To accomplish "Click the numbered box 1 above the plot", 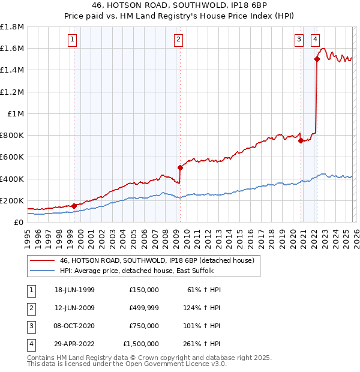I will coord(72,40).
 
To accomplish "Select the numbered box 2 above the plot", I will coord(179,40).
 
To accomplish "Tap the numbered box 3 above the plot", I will coord(299,40).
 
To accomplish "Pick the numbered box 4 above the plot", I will coord(315,40).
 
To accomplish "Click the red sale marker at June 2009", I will coord(179,167).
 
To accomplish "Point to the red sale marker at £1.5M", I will coord(316,59).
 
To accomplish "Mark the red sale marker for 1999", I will coord(74,206).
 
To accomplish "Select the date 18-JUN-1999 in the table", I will coord(74,290).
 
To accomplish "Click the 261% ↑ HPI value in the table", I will coord(205,344).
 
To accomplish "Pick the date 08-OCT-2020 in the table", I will coord(74,326).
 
